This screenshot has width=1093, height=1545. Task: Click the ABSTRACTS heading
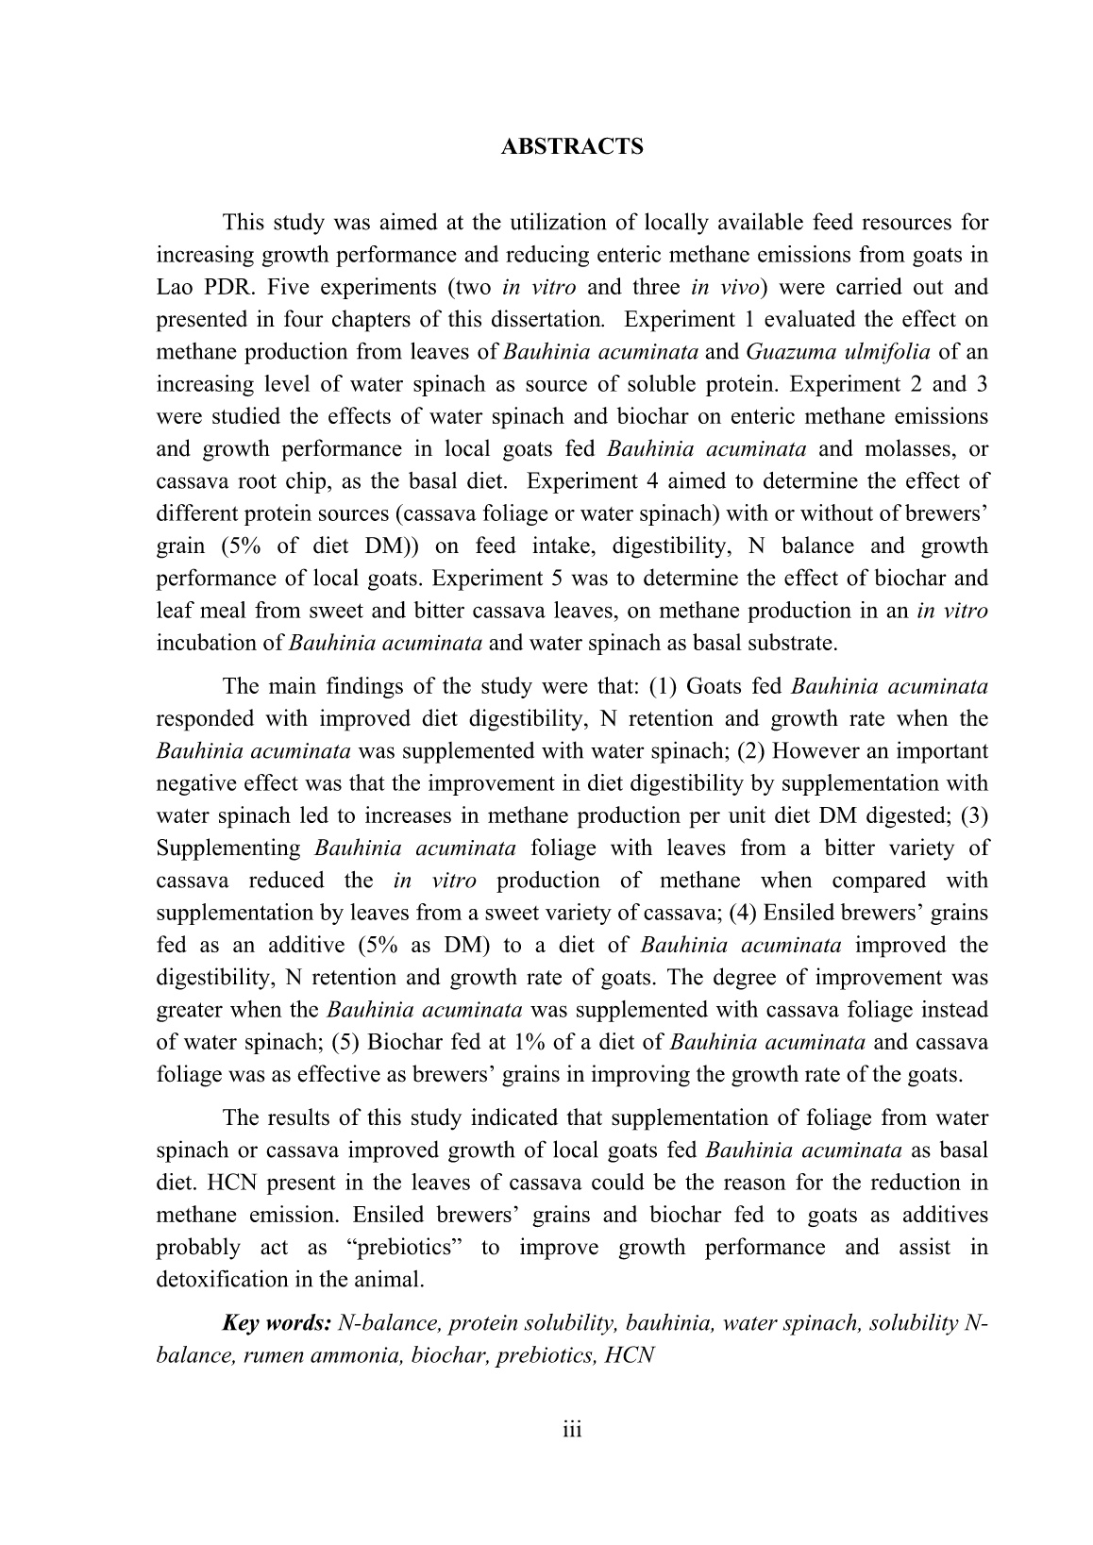[x=572, y=147]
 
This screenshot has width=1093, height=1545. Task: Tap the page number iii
[x=572, y=1430]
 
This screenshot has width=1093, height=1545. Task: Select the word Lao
[x=175, y=287]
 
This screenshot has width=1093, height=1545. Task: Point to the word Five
[x=287, y=287]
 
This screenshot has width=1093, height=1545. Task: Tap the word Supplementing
[x=228, y=848]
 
